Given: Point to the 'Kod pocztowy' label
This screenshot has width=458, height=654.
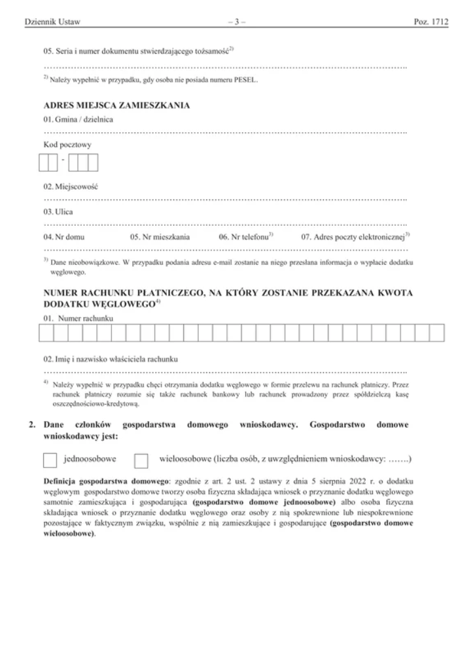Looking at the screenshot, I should tap(67, 145).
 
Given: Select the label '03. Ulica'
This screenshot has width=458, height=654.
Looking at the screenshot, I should tap(58, 213).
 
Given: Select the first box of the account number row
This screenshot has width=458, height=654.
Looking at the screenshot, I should tap(46, 334).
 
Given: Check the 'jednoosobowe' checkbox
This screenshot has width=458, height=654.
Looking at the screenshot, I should tap(50, 461).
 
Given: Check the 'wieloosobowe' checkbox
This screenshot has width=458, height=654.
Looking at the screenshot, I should tap(141, 461).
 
